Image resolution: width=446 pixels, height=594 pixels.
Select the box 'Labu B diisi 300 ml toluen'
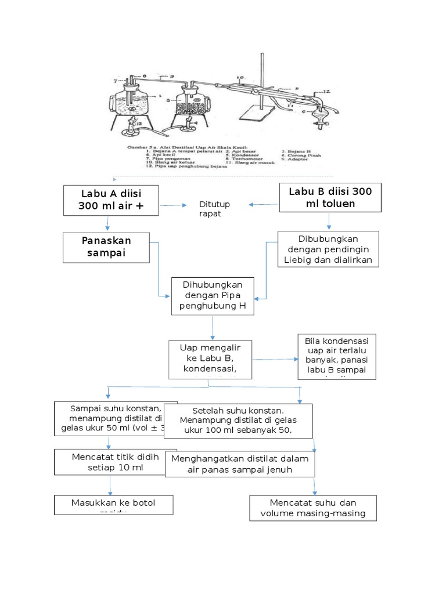click(x=329, y=198)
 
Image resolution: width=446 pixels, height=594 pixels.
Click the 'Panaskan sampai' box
click(x=106, y=248)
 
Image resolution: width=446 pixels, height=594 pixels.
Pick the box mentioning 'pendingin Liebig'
click(x=329, y=249)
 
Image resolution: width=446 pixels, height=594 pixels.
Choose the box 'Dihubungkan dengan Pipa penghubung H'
click(x=213, y=296)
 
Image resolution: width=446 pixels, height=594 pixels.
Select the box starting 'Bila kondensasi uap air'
click(x=337, y=356)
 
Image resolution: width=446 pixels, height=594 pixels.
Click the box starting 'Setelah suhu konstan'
click(x=238, y=421)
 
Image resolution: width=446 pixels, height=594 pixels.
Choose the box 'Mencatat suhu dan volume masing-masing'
click(x=313, y=508)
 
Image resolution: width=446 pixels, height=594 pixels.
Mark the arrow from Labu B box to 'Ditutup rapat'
click(x=264, y=204)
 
